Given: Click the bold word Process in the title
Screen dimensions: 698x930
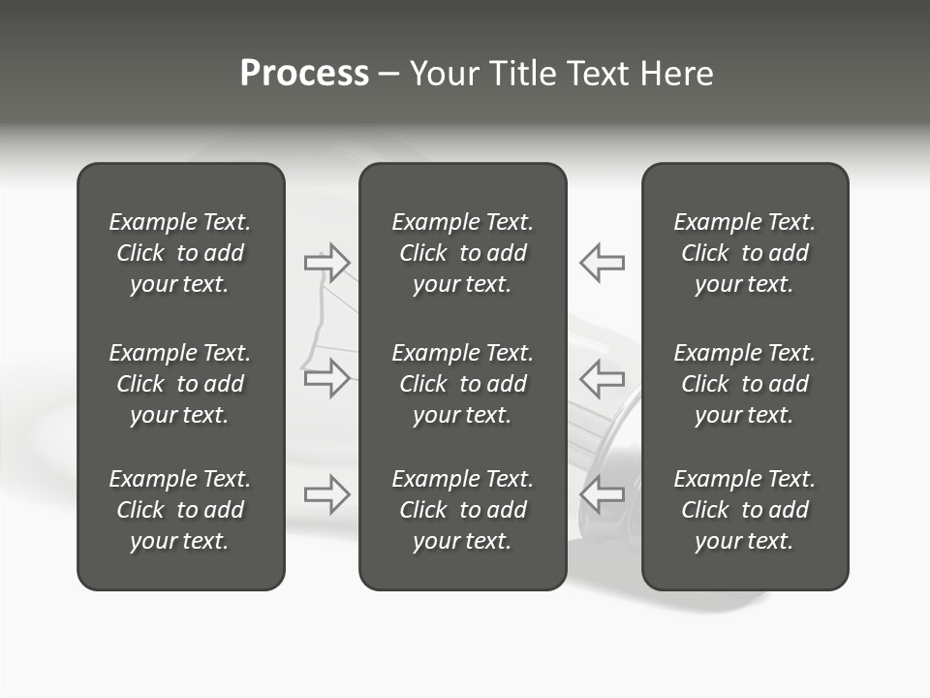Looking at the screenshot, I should pos(304,74).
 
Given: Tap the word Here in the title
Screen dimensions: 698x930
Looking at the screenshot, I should pos(675,74).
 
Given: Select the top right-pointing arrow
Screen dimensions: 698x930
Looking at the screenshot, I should pos(327,262).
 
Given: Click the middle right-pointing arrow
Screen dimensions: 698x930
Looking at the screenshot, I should pos(327,378).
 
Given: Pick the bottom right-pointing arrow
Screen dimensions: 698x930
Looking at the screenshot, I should pos(327,494).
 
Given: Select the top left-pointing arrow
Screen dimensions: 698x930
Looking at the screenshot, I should pos(602,262).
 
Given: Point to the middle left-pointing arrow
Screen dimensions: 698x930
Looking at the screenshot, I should pos(602,378).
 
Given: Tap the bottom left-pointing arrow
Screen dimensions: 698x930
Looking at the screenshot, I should pos(602,494).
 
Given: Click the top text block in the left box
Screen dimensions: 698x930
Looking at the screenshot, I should pos(180,253).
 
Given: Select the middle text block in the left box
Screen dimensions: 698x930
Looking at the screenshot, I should pos(180,384).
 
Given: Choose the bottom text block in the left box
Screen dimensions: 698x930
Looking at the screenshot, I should pos(180,510).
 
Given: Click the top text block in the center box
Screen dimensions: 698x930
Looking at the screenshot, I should pos(462,253).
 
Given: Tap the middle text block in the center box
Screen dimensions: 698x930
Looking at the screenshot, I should pos(462,384).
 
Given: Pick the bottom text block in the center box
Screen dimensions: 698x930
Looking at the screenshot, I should pos(462,510).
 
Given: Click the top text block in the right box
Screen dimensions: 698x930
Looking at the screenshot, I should pos(745,253).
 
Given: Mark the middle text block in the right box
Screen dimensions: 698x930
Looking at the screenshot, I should pos(745,384).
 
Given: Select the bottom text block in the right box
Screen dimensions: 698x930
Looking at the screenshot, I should pos(745,510).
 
